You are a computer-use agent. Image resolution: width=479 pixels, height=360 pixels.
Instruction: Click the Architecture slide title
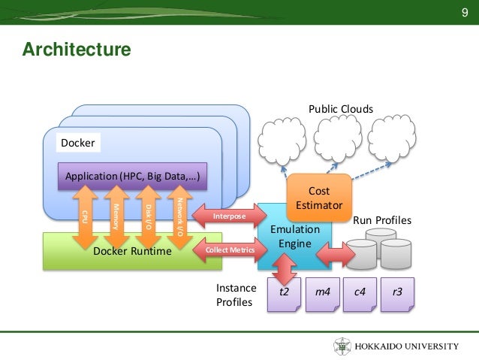(77, 50)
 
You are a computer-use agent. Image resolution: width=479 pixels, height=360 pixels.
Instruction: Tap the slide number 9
(464, 12)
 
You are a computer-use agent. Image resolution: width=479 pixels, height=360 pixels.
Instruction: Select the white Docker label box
(78, 143)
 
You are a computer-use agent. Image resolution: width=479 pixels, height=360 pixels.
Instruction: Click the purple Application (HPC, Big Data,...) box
(132, 176)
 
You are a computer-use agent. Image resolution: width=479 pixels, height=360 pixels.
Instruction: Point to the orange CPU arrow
(86, 217)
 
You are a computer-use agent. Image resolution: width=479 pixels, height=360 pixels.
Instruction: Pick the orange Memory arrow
(116, 217)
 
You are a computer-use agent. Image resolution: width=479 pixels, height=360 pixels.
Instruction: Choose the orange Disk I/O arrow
(148, 217)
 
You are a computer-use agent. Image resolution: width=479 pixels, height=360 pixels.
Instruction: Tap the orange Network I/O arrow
(180, 217)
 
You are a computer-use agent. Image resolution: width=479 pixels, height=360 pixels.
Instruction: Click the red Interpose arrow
(230, 216)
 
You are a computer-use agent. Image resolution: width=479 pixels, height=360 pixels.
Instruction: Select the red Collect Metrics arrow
(230, 250)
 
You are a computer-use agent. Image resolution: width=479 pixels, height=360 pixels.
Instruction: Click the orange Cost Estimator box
(319, 198)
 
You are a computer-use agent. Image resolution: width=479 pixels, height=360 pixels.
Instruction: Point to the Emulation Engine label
(295, 237)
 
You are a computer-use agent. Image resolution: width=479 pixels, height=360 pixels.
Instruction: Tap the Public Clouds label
(341, 109)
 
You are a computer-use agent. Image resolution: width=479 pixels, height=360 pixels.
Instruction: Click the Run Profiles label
(382, 220)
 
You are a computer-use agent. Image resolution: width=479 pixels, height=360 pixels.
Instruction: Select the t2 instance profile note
(284, 295)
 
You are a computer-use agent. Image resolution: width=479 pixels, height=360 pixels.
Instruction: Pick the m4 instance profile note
(323, 295)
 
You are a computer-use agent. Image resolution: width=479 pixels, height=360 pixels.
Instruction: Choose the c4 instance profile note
(360, 295)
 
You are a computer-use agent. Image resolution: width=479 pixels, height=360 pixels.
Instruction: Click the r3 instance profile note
(397, 295)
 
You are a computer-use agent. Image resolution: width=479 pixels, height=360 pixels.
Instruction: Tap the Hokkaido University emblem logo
(342, 346)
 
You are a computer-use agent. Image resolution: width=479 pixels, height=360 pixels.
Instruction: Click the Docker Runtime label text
(132, 251)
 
